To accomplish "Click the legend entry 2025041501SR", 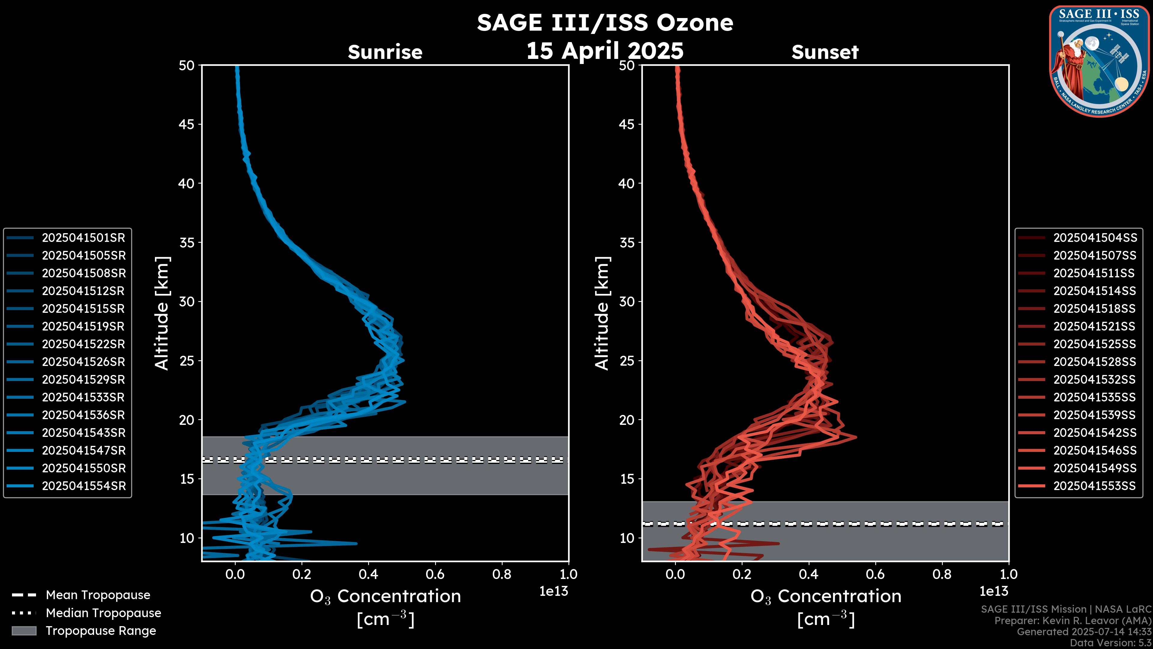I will [83, 238].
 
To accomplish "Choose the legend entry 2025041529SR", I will [83, 380].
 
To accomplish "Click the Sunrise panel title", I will [385, 52].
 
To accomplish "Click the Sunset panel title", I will [825, 52].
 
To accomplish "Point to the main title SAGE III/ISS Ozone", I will [605, 23].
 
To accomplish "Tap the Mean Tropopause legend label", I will [98, 595].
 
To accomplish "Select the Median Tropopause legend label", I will [103, 613].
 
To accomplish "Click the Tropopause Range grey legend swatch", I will [24, 631].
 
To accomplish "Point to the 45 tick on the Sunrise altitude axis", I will [187, 124].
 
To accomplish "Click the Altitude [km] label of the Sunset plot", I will [602, 313].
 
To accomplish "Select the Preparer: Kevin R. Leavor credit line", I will [1073, 621].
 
